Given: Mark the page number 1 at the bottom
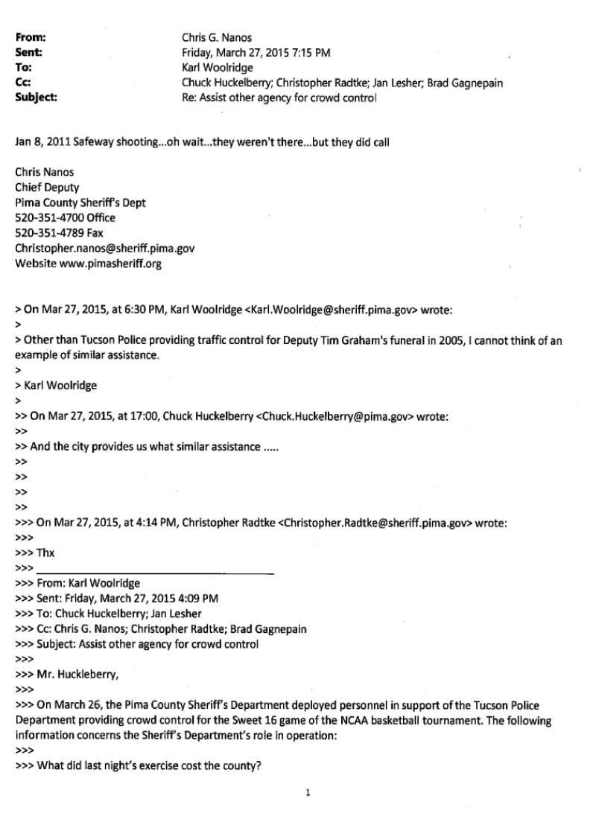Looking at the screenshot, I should pyautogui.click(x=307, y=793).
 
